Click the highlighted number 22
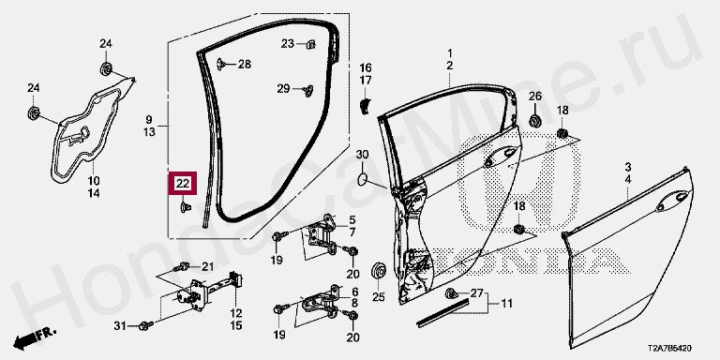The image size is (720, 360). pyautogui.click(x=183, y=184)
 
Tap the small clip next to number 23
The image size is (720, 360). pyautogui.click(x=311, y=44)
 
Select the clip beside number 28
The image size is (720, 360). pyautogui.click(x=221, y=64)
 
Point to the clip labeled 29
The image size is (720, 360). pyautogui.click(x=308, y=90)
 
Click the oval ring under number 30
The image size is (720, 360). pyautogui.click(x=362, y=178)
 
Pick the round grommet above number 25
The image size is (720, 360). pyautogui.click(x=378, y=270)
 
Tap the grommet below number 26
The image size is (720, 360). pyautogui.click(x=535, y=121)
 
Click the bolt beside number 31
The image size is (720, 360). pyautogui.click(x=146, y=325)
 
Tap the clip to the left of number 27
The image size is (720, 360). pyautogui.click(x=451, y=292)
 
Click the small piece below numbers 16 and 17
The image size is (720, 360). pyautogui.click(x=365, y=105)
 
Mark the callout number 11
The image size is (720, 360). pyautogui.click(x=506, y=304)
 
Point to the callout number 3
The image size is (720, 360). pyautogui.click(x=628, y=166)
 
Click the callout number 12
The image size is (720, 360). pyautogui.click(x=236, y=314)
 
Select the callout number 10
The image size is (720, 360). pyautogui.click(x=94, y=180)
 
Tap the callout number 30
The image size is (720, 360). pyautogui.click(x=362, y=154)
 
